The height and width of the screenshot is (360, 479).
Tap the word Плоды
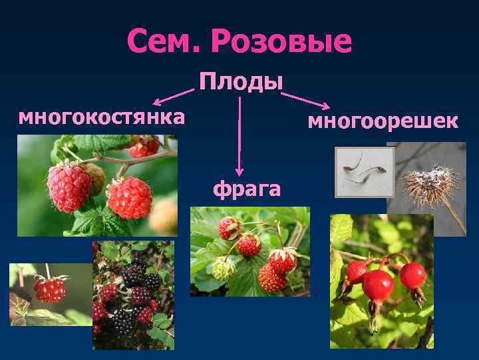click(x=241, y=83)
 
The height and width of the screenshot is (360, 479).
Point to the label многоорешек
click(x=383, y=122)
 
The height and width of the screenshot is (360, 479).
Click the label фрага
click(x=246, y=189)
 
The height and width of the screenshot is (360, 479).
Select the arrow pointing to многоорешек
click(x=305, y=100)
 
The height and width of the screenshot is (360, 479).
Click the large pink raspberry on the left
click(x=69, y=186)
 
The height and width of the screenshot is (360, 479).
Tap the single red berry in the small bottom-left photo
click(x=51, y=289)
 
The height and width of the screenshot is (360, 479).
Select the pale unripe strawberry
click(x=224, y=268)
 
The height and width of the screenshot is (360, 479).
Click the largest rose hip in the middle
click(x=378, y=285)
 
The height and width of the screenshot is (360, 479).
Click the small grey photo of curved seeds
click(x=364, y=172)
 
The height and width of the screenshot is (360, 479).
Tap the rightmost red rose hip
click(x=413, y=275)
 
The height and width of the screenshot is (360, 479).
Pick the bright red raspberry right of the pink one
click(x=129, y=197)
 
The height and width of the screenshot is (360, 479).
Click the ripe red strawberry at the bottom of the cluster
click(x=271, y=277)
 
